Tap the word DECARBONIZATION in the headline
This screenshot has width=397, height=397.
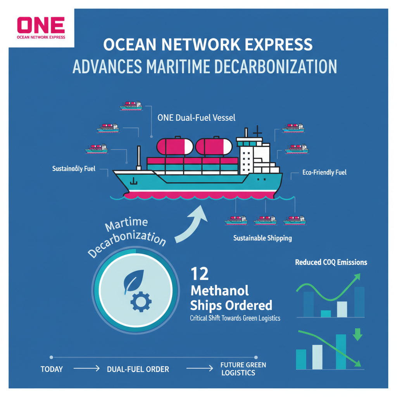pyautogui.click(x=276, y=67)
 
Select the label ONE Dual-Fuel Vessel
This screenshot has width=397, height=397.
pyautogui.click(x=196, y=118)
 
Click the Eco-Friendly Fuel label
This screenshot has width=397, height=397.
pyautogui.click(x=325, y=173)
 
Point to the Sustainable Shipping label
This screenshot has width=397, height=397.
pyautogui.click(x=262, y=238)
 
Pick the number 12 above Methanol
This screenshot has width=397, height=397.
pyautogui.click(x=200, y=274)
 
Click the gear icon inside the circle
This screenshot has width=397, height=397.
pyautogui.click(x=141, y=302)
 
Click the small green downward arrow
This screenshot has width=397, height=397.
pyautogui.click(x=357, y=335)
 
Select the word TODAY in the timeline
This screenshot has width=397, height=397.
pyautogui.click(x=52, y=369)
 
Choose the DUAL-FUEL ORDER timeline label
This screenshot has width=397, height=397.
pyautogui.click(x=138, y=369)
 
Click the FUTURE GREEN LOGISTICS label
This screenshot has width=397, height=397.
pyautogui.click(x=243, y=369)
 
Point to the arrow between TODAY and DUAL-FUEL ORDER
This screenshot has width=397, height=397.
pyautogui.click(x=86, y=368)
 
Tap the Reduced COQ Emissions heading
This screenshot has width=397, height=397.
pyautogui.click(x=331, y=262)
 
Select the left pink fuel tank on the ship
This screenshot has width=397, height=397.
pyautogui.click(x=175, y=146)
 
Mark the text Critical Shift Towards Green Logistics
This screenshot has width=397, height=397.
pyautogui.click(x=235, y=318)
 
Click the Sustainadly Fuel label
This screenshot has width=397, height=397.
pyautogui.click(x=74, y=169)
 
